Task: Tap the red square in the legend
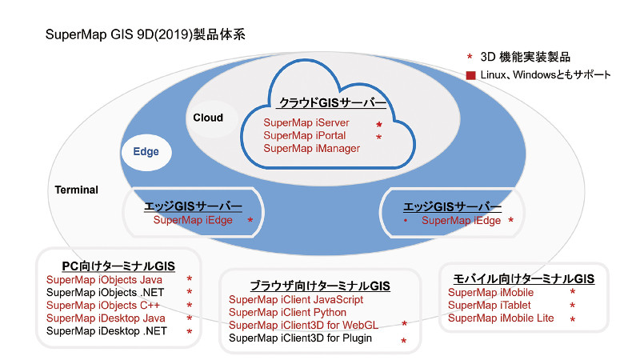tap(470, 75)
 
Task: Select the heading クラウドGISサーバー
tap(332, 103)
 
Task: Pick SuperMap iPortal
tap(305, 135)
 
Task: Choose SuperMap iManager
tap(311, 148)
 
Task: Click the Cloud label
tap(208, 118)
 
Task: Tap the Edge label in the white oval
tap(146, 151)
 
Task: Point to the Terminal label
tap(76, 190)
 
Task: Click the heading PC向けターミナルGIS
tap(118, 266)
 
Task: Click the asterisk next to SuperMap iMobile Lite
tap(573, 320)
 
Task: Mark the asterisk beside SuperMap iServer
tap(379, 125)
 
